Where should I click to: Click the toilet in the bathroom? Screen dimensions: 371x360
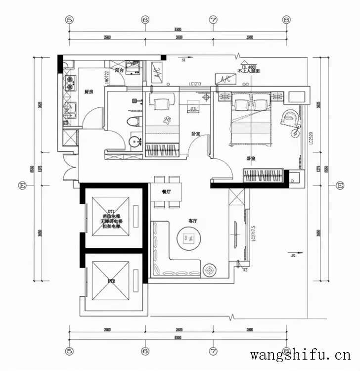(x=133, y=122)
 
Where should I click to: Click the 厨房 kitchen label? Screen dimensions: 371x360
(x=89, y=92)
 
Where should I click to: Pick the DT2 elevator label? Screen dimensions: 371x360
(x=111, y=281)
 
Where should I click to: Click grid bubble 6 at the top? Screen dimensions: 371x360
(x=145, y=20)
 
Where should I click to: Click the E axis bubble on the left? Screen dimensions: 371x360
(x=22, y=185)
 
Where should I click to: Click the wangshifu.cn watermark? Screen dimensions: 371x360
(x=300, y=355)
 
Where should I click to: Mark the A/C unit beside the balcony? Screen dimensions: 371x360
(x=154, y=69)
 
